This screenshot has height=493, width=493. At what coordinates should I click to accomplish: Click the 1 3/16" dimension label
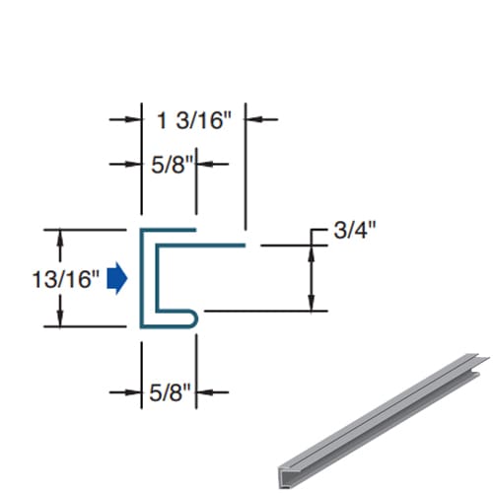[x=194, y=120]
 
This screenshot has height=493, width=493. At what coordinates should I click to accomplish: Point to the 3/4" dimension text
[x=356, y=231]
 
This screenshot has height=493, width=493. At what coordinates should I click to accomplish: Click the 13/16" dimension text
[x=66, y=279]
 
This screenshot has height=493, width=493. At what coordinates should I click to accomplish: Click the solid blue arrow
[x=117, y=278]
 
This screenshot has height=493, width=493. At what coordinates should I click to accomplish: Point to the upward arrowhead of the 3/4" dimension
[x=312, y=253]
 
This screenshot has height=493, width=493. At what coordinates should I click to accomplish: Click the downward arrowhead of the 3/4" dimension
[x=312, y=302]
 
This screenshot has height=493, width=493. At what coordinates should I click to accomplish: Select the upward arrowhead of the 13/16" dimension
[x=61, y=238]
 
